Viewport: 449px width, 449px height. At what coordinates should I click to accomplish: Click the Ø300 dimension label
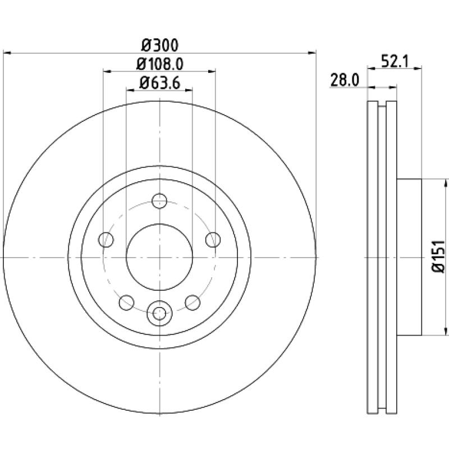click(x=160, y=45)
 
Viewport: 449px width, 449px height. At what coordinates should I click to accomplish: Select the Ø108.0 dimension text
click(x=159, y=64)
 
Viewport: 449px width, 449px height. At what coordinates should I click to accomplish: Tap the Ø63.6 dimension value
click(x=159, y=83)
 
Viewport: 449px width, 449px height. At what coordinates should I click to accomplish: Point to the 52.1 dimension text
click(x=396, y=61)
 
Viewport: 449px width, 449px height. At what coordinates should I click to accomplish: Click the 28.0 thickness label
click(x=345, y=80)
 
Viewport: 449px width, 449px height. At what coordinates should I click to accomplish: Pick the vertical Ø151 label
click(x=438, y=256)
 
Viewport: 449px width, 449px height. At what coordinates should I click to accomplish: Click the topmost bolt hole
click(x=159, y=201)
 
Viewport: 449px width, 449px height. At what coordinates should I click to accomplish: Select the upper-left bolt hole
click(x=106, y=240)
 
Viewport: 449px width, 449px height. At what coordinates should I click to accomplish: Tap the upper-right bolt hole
click(x=213, y=240)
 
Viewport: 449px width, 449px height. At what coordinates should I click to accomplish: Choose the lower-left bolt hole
click(x=126, y=303)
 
